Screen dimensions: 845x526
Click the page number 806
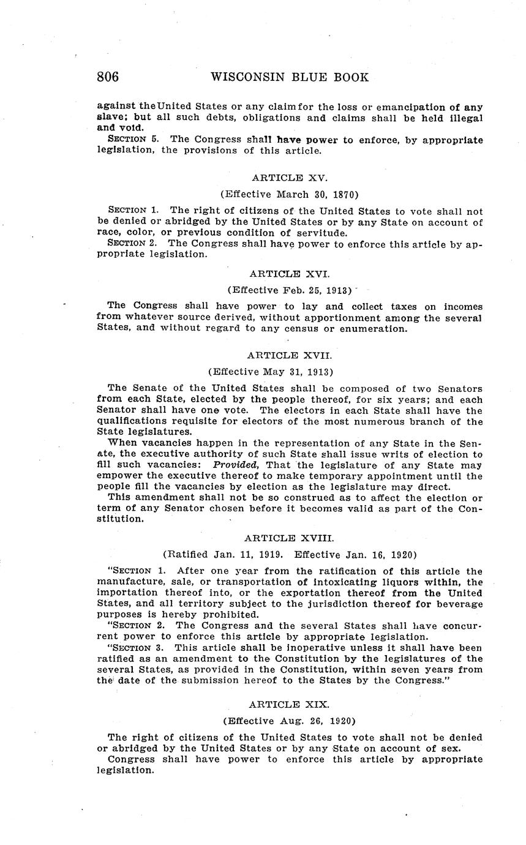[x=108, y=77]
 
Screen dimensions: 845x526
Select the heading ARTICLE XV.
[x=290, y=178]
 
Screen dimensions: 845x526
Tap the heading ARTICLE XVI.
[x=290, y=274]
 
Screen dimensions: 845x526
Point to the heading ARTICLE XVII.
[x=290, y=355]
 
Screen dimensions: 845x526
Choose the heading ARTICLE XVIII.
[x=290, y=538]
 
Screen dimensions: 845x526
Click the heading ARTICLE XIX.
[x=290, y=705]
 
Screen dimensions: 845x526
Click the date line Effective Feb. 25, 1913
[x=290, y=290]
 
